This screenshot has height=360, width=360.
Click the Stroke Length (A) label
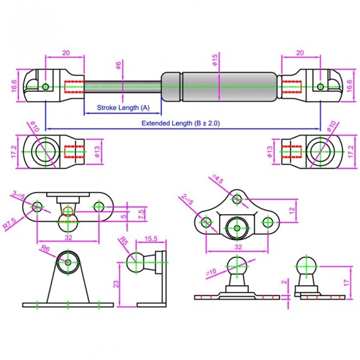point(123,107)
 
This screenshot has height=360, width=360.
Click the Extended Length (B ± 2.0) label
point(181,123)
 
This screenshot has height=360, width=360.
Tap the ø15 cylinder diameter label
point(215,60)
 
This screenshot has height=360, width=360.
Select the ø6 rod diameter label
point(118,66)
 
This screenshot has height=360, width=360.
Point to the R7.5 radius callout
point(10,224)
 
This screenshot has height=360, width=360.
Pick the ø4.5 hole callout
point(217,179)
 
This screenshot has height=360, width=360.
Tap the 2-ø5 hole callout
point(187,199)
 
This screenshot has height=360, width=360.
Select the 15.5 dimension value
point(151,239)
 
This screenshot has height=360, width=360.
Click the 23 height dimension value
point(116,283)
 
